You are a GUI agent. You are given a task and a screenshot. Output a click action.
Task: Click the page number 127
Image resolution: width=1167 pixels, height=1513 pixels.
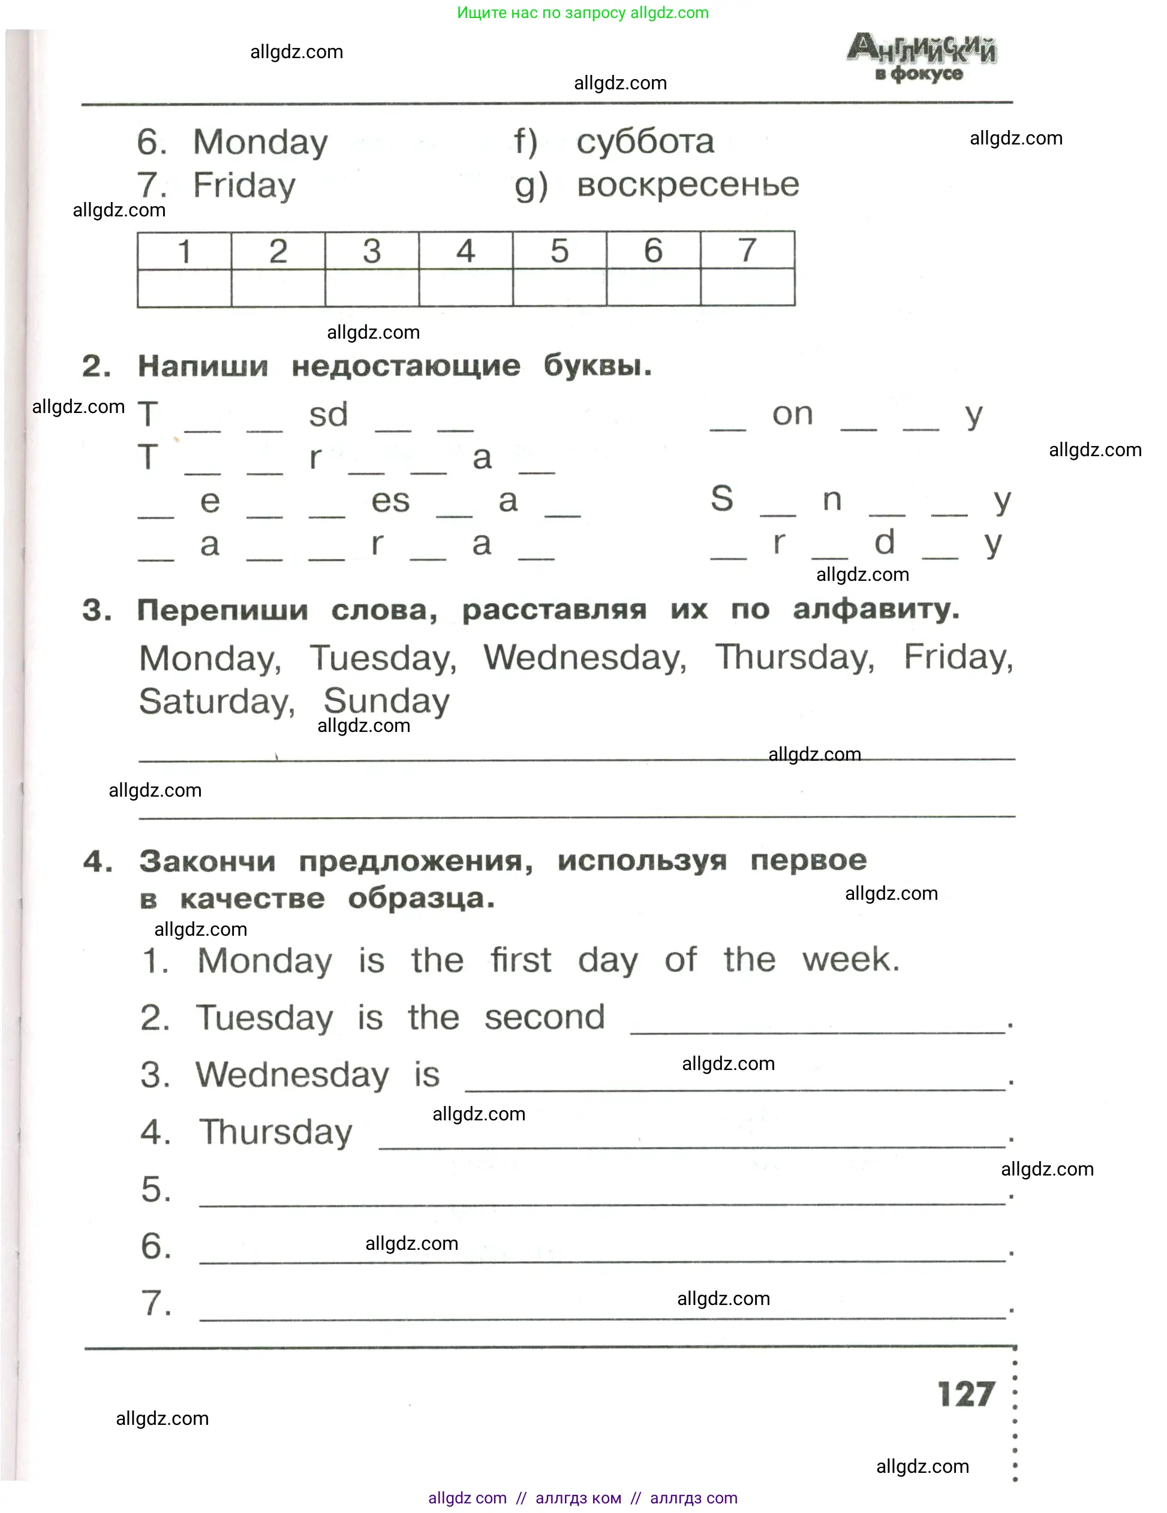point(966,1394)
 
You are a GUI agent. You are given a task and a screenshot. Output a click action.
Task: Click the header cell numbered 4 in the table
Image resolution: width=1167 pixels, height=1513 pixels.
point(466,251)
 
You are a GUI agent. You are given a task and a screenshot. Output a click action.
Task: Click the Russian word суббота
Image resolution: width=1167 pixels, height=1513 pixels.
point(645,142)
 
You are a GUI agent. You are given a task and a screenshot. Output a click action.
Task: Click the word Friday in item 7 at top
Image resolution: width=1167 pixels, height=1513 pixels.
point(244,186)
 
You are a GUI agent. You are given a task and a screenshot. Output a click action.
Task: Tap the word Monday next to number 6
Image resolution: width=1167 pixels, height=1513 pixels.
point(260,143)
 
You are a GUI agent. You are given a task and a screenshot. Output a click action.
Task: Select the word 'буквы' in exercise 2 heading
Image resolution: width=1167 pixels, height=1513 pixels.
point(597,366)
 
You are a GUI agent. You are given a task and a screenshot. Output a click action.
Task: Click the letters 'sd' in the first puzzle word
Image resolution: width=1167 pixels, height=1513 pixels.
point(328,415)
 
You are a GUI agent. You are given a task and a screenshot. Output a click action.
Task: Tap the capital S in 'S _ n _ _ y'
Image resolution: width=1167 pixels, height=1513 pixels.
point(721,499)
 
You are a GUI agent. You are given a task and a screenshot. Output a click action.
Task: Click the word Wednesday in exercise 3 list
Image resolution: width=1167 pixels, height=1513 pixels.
point(584,658)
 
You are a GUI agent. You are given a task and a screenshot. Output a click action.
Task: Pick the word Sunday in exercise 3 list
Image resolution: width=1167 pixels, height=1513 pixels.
point(386,701)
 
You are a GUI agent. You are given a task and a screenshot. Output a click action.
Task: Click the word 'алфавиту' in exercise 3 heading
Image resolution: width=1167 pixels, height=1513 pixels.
point(876,610)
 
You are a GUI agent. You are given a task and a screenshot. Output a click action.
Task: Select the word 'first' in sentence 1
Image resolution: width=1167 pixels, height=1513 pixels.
point(521,961)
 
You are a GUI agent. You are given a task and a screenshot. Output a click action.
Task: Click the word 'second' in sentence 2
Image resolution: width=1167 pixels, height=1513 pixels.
point(544,1018)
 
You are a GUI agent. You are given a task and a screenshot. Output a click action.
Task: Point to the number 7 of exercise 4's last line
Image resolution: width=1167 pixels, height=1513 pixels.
point(156,1303)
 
